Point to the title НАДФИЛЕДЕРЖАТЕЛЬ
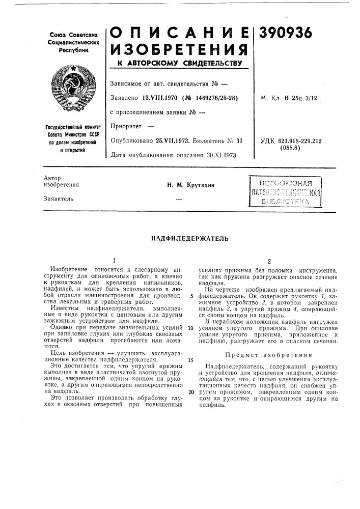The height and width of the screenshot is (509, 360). (180, 238)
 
